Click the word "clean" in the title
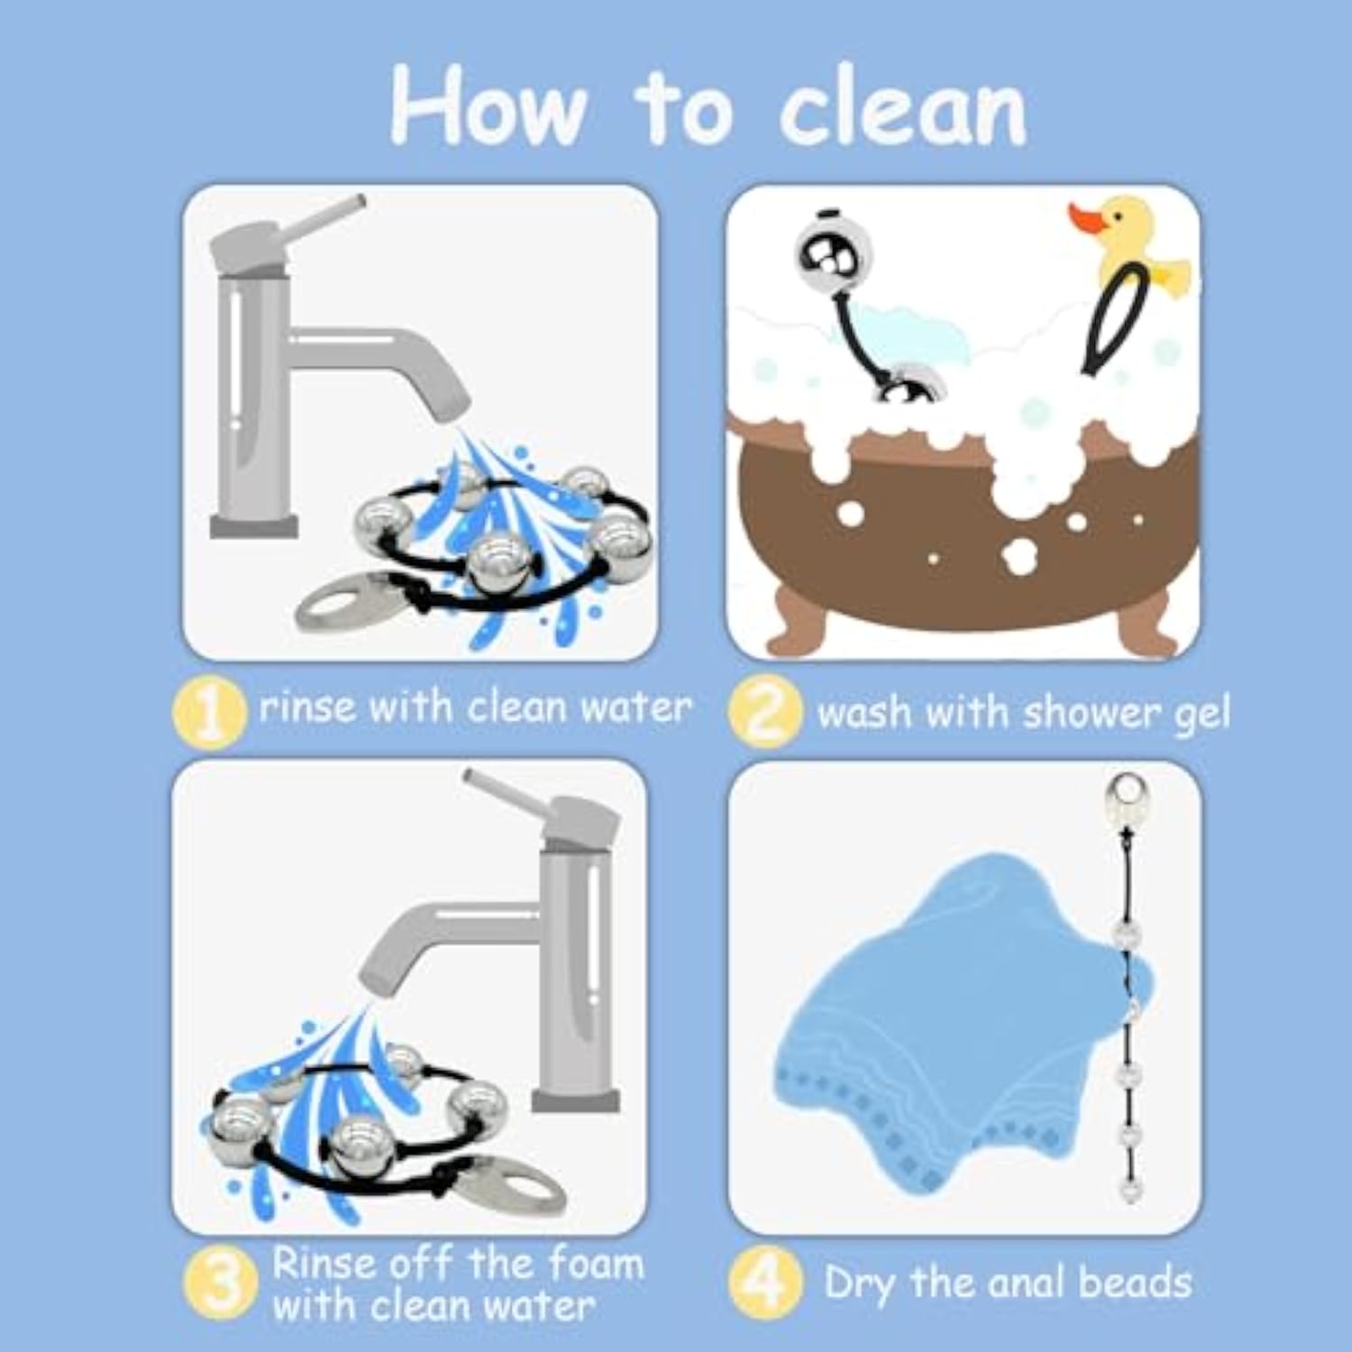click(x=903, y=110)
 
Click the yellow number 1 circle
click(x=209, y=711)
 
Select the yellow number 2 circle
click(x=765, y=711)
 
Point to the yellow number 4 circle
click(x=765, y=1283)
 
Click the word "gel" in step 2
click(x=1201, y=715)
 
